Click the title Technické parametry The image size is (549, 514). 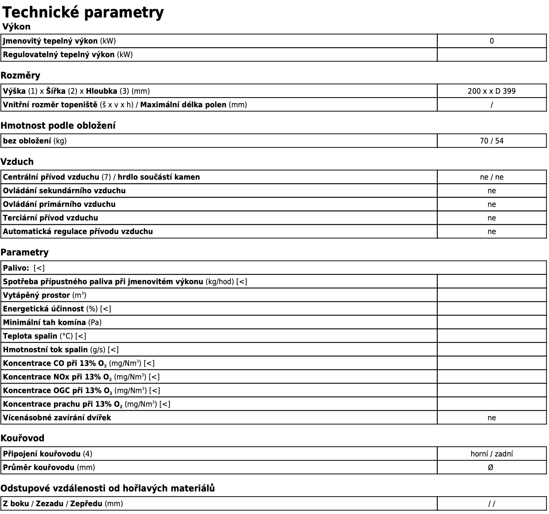click(83, 12)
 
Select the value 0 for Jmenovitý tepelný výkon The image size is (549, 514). click(491, 41)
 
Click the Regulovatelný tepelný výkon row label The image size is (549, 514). click(68, 54)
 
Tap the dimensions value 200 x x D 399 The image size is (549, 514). click(491, 91)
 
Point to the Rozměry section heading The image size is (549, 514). click(20, 75)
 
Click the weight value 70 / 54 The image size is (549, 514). click(491, 141)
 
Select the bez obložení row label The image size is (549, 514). click(35, 141)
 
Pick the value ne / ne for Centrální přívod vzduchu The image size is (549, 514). click(491, 177)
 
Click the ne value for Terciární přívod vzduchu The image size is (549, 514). click(491, 218)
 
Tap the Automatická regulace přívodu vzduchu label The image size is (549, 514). click(78, 231)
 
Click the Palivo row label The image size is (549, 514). click(23, 268)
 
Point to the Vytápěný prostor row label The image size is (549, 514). click(44, 295)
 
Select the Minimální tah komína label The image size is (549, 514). click(52, 322)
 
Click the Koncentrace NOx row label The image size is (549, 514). click(81, 377)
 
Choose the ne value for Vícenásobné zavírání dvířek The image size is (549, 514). click(491, 418)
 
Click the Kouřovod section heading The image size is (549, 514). click(23, 438)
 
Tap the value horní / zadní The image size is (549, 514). click(491, 454)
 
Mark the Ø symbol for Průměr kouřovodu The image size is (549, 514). click(491, 467)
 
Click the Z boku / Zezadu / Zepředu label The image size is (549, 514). click(63, 504)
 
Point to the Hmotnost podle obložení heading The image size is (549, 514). click(58, 126)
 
